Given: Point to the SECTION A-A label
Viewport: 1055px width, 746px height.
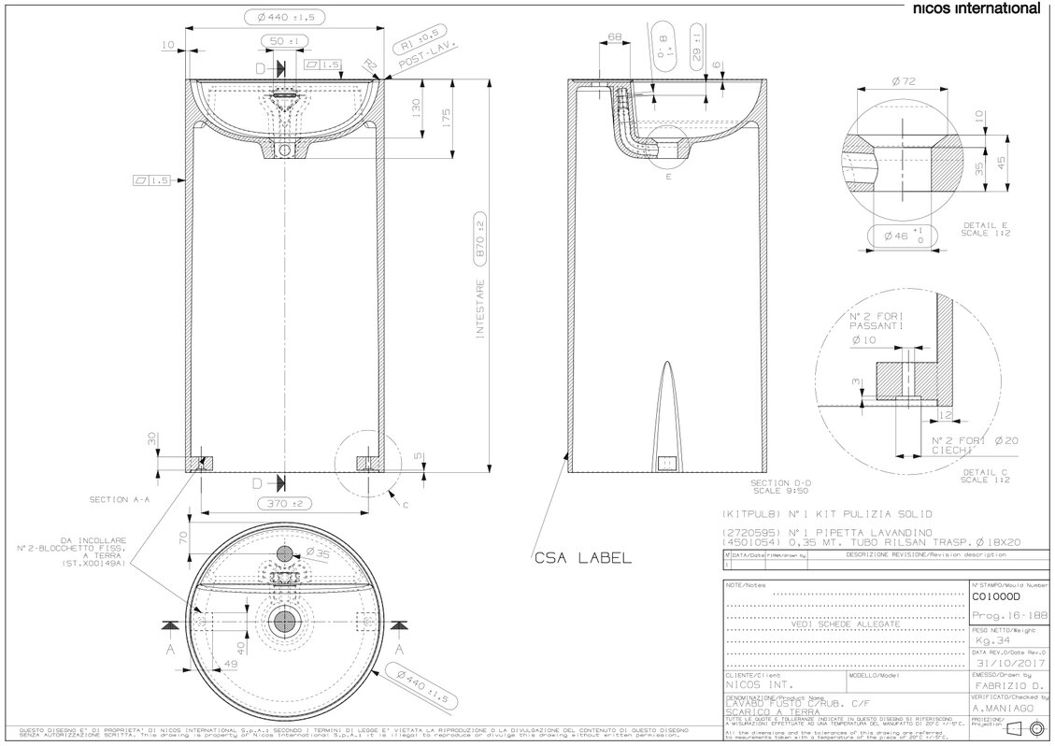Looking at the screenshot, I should (120, 500).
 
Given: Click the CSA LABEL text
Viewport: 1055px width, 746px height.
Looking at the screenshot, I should (582, 558).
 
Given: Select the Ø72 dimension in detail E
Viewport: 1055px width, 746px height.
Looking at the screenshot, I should (903, 82).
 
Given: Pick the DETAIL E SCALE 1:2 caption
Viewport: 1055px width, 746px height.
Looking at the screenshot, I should (987, 230).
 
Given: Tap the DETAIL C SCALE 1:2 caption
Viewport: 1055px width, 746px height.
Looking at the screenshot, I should (987, 477).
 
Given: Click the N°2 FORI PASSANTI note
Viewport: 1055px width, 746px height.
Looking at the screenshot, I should (876, 323).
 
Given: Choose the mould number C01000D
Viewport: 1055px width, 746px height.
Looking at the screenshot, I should (997, 595).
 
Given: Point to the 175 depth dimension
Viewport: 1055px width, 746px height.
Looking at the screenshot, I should (447, 118).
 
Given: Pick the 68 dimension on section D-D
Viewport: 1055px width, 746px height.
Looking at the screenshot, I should (614, 37).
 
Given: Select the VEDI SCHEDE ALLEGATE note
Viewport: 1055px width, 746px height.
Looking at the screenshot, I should (845, 623).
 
